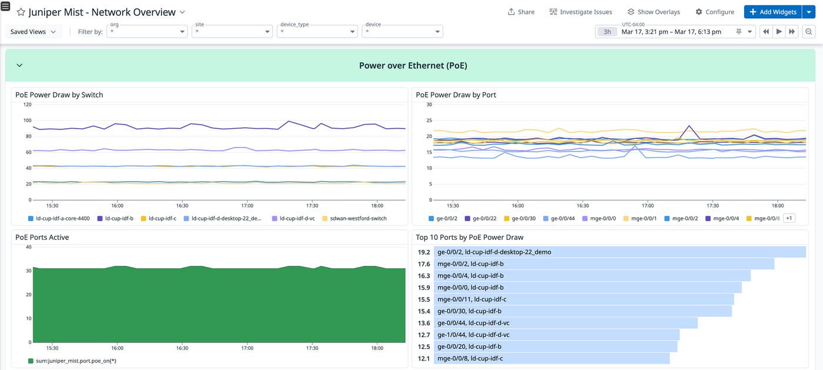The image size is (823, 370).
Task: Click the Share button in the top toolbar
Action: [521, 12]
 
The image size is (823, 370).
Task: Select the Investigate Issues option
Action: [581, 12]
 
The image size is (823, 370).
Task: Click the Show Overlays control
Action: [654, 12]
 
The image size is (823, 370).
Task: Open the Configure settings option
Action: [715, 12]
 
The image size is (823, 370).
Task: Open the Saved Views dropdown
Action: [34, 32]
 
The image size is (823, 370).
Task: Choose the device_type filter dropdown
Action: [317, 32]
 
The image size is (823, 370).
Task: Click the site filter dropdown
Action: [232, 32]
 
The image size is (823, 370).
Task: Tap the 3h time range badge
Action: [607, 32]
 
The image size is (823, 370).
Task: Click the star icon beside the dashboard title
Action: [21, 12]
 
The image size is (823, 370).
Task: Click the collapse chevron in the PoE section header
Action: [19, 65]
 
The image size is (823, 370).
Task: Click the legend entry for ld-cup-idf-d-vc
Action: [296, 218]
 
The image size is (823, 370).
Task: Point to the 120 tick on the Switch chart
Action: [27, 105]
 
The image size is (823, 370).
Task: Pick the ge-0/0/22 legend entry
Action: [481, 218]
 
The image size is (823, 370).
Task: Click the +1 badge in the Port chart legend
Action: [788, 218]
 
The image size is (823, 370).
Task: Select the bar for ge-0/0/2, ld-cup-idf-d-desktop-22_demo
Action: [620, 252]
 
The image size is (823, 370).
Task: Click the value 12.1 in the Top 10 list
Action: [424, 358]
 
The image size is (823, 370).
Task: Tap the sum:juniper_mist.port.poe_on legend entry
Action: [72, 361]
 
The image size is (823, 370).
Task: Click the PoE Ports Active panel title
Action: [42, 237]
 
